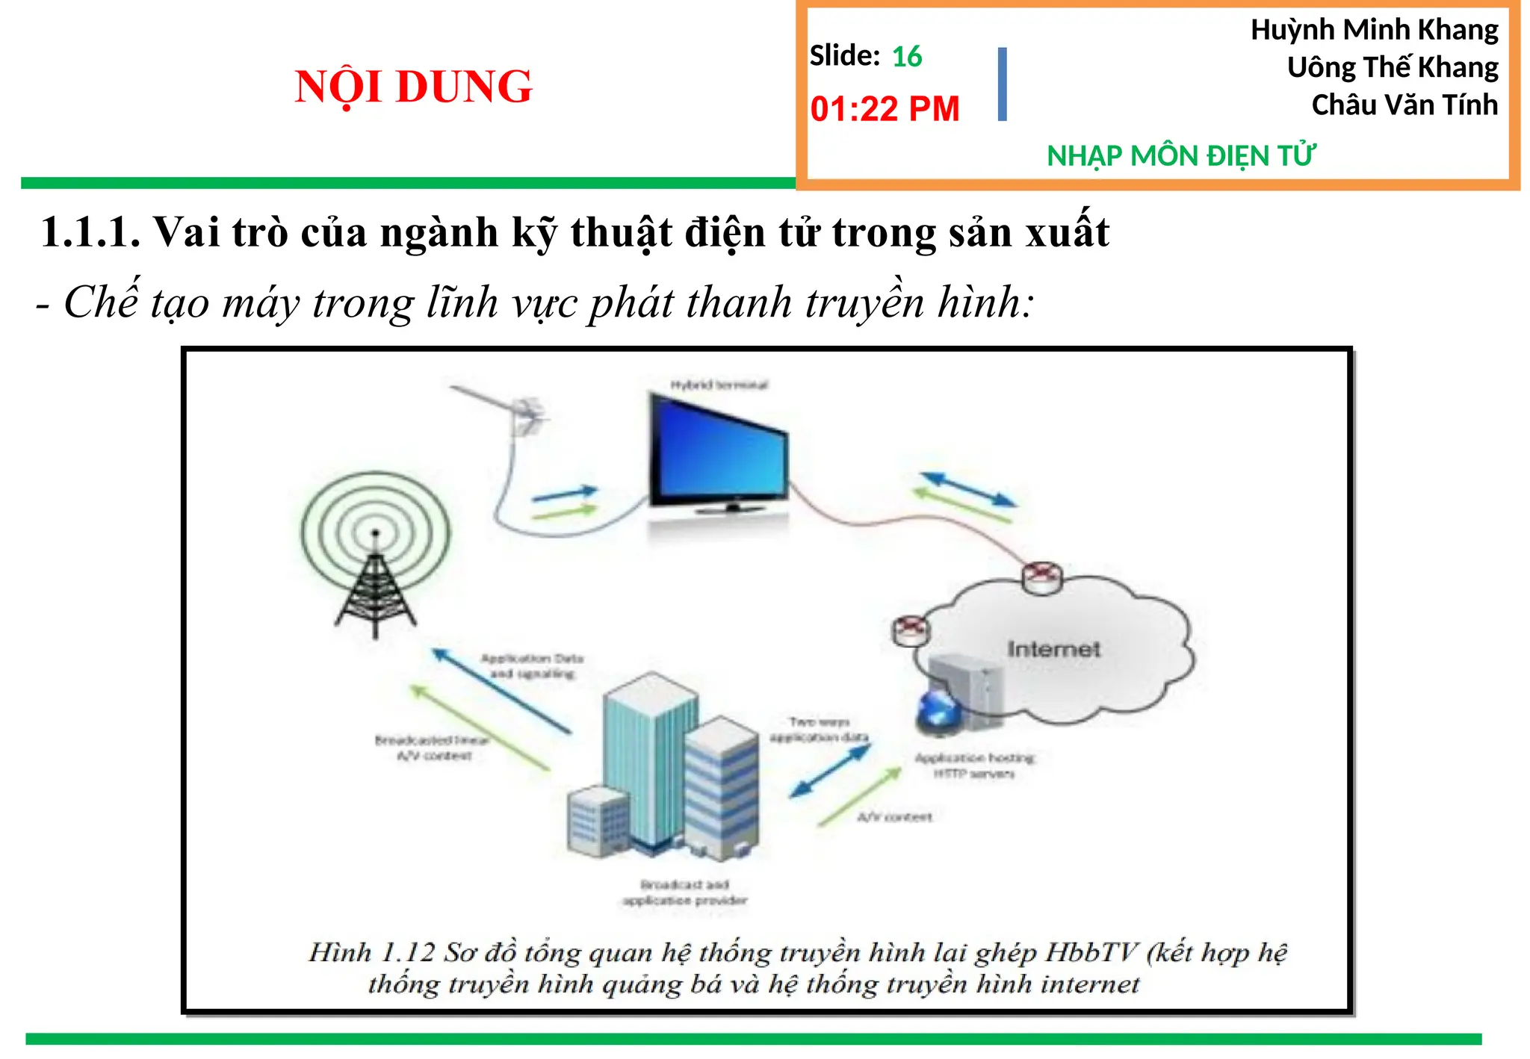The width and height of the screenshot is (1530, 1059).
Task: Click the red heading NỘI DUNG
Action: click(413, 86)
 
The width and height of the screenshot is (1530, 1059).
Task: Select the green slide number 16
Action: click(907, 57)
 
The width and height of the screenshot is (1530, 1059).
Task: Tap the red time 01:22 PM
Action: click(885, 109)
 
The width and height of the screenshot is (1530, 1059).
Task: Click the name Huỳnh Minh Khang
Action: click(1374, 30)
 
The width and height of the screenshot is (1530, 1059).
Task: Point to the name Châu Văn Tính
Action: click(1404, 105)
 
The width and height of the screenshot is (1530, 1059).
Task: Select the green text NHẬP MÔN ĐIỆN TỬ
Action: click(1180, 156)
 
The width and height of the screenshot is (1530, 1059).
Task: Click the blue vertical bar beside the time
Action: click(1002, 84)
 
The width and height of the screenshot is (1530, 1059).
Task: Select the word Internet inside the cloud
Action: click(1053, 649)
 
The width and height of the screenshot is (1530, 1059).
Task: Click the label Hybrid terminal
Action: click(719, 385)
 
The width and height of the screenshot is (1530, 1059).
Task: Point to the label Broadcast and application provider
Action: click(684, 892)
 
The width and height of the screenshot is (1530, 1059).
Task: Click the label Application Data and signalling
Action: click(532, 666)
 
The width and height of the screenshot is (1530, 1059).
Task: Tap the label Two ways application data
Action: click(820, 730)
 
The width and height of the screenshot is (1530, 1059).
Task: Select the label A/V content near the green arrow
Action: click(894, 817)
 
